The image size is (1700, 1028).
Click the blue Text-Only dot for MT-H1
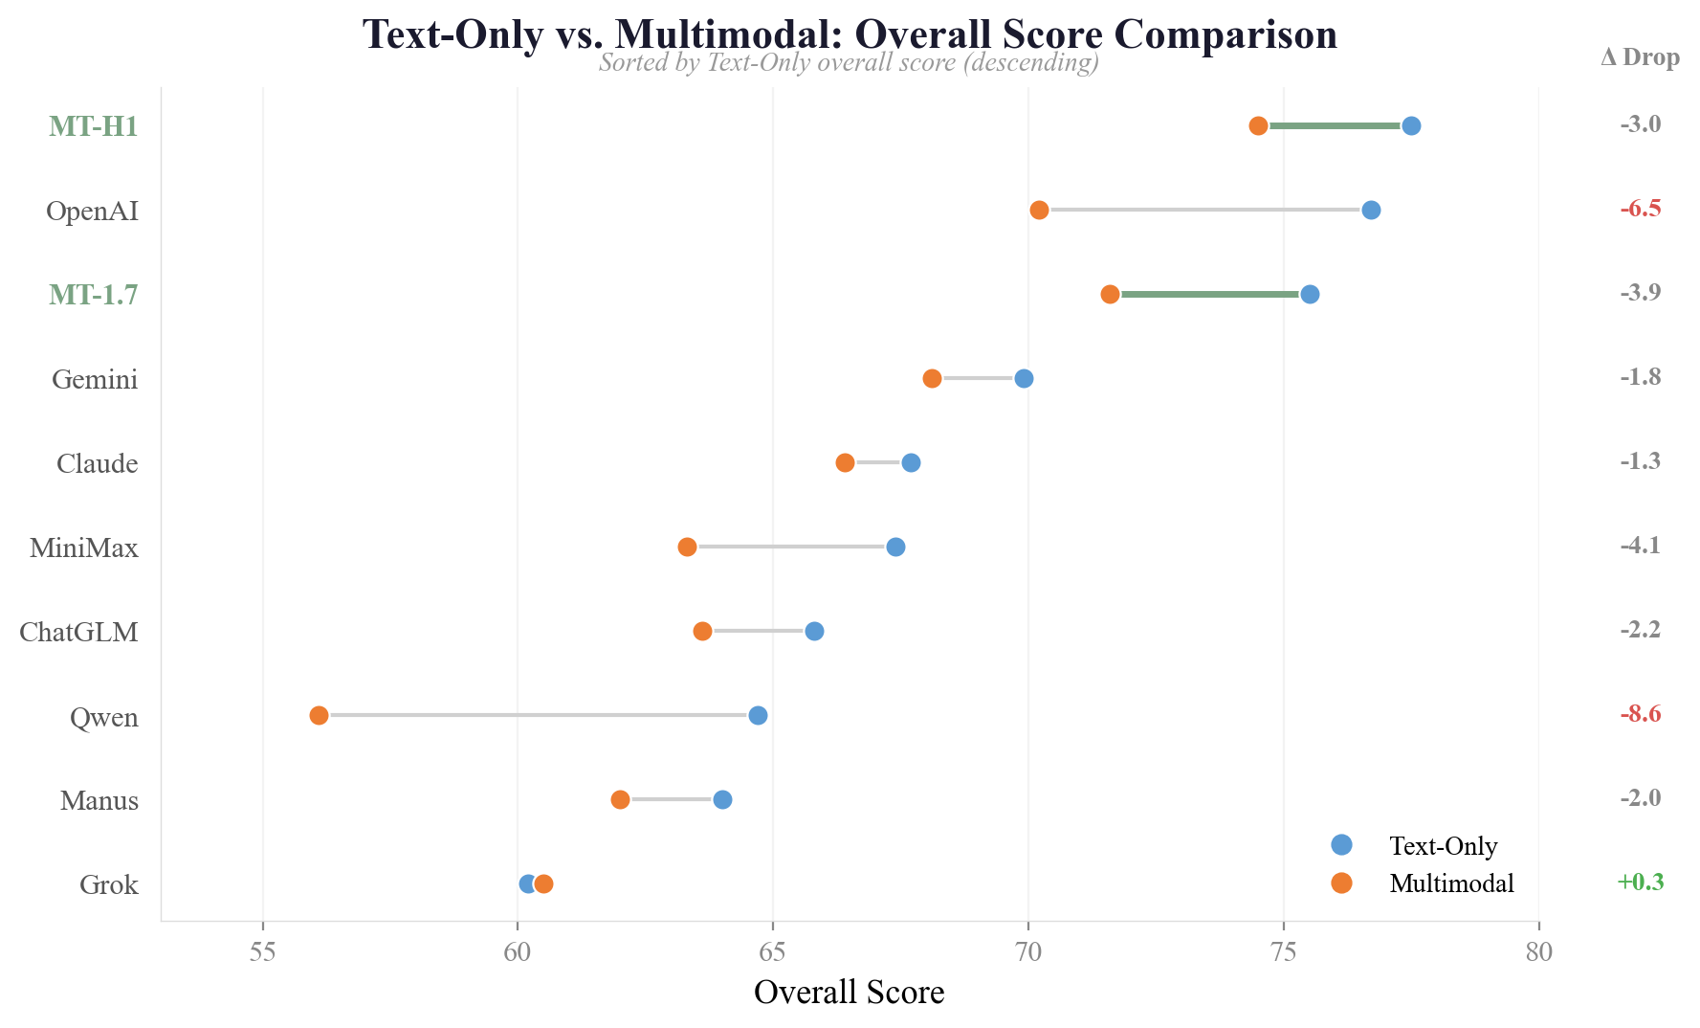coord(1411,126)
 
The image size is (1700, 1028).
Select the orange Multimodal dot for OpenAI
coord(1039,211)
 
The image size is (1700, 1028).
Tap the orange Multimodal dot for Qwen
coord(319,716)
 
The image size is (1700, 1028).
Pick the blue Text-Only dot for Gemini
coord(1024,379)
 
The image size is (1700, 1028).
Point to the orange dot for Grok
coord(544,883)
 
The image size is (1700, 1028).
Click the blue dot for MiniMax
coord(895,548)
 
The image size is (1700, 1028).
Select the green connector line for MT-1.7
coord(1209,295)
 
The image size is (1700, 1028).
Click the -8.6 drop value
coord(1640,715)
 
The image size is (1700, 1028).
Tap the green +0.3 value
coord(1640,883)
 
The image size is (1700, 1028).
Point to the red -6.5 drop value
coord(1640,210)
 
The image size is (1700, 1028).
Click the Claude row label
coord(97,464)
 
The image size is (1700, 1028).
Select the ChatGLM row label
coord(78,633)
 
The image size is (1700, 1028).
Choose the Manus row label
coord(99,801)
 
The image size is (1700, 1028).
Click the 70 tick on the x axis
coord(1028,953)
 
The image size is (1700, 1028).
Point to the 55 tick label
coord(262,953)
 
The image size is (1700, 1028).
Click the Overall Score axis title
coord(849,993)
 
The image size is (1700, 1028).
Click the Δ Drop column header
coord(1640,58)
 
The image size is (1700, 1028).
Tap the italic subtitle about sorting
coord(849,63)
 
